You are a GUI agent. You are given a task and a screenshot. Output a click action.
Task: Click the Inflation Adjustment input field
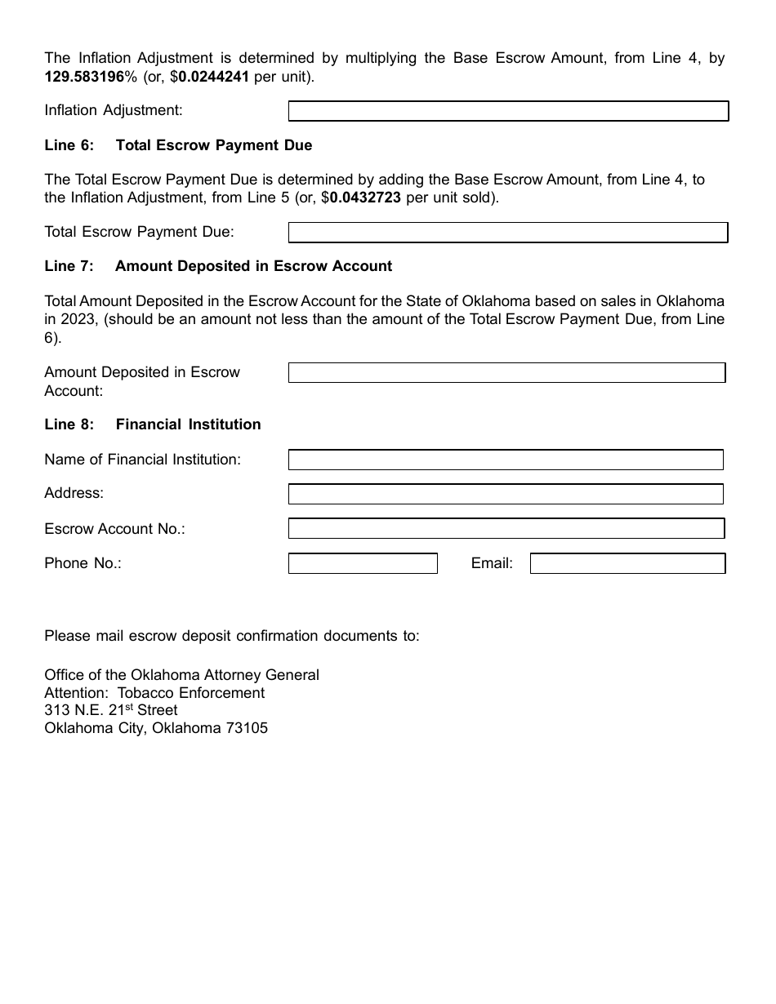(508, 111)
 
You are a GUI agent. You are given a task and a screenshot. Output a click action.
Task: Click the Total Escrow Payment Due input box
(508, 233)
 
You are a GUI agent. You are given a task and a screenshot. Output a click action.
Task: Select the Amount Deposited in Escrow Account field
(506, 373)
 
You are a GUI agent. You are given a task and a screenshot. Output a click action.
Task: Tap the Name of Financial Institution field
(506, 460)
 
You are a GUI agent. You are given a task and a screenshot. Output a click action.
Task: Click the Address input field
(506, 494)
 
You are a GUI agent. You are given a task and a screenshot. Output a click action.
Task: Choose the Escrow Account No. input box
(506, 529)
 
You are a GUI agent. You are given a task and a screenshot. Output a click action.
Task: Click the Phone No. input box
(363, 563)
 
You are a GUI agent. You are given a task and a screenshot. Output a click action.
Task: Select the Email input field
(627, 563)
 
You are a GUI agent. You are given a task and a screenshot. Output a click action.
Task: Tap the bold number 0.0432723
(365, 198)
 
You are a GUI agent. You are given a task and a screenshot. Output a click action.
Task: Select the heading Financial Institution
(188, 424)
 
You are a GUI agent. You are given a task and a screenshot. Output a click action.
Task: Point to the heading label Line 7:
(69, 266)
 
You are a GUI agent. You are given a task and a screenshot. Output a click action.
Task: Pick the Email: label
(492, 563)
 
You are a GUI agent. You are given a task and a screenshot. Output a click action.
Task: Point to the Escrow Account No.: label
(114, 529)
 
